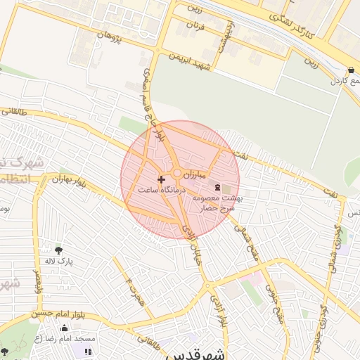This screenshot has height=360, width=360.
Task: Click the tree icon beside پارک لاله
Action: point(58,250)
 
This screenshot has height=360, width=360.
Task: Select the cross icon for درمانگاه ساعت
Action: point(162,179)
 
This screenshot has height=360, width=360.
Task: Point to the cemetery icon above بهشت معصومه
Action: point(217,187)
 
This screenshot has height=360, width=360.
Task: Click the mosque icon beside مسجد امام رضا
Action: point(65,328)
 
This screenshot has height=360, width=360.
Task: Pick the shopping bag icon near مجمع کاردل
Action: point(351,70)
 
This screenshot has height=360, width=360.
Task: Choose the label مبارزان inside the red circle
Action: point(193,173)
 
